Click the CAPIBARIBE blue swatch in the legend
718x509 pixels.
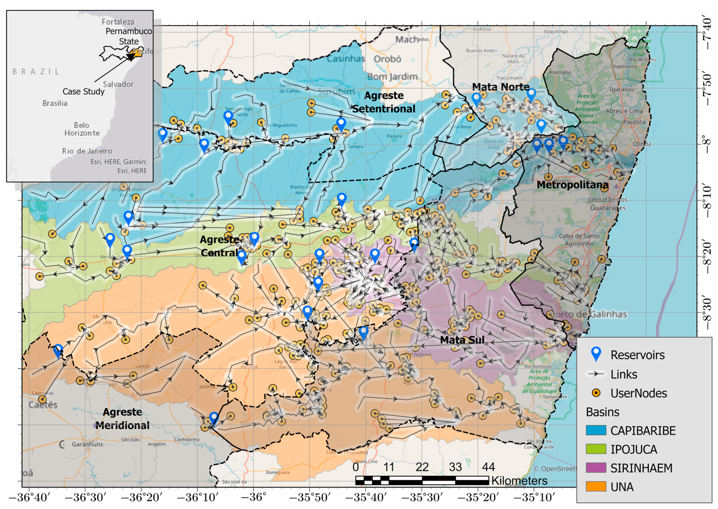596,430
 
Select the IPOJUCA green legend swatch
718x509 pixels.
596,449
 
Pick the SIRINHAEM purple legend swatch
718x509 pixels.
596,468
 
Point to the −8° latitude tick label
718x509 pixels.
707,144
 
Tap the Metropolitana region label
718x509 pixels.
572,185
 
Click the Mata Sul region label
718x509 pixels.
462,340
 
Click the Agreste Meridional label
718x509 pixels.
123,419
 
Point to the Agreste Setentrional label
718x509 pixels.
384,102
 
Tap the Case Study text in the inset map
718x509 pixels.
83,92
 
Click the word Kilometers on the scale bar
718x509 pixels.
519,481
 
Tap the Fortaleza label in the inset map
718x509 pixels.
118,22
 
